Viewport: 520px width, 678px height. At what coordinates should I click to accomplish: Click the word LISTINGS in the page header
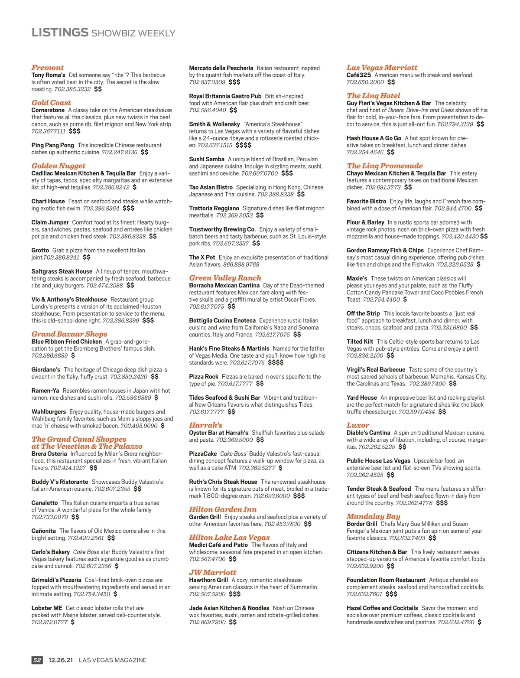coord(60,33)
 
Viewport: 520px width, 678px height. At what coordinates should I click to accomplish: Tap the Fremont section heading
coord(48,68)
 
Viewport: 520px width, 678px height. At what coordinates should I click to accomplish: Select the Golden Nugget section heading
coord(58,166)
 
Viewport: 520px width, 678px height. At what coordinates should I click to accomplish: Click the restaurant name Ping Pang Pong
coord(52,145)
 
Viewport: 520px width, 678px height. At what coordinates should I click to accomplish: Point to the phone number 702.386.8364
coord(101,209)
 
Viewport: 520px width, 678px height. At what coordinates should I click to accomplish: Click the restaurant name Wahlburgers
coord(49,412)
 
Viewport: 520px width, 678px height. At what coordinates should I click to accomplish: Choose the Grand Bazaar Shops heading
coord(69,334)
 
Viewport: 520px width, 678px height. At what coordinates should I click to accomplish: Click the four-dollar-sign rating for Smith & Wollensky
coord(244,145)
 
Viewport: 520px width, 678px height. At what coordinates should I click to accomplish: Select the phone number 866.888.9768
coord(241,264)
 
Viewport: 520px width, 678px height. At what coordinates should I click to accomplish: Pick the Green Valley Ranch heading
coord(225,278)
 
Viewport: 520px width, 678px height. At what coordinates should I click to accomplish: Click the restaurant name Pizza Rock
coord(204,377)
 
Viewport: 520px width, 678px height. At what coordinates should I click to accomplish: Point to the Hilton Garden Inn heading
coord(223,509)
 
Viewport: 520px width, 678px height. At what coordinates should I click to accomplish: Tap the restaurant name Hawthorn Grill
coord(208,580)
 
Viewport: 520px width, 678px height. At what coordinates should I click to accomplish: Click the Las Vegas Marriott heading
coord(382,68)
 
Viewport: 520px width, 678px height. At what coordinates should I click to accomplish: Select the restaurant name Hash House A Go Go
coord(374,138)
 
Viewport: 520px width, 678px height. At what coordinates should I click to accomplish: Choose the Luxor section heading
coord(358,425)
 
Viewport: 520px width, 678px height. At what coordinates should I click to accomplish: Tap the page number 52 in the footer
coord(37,660)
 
